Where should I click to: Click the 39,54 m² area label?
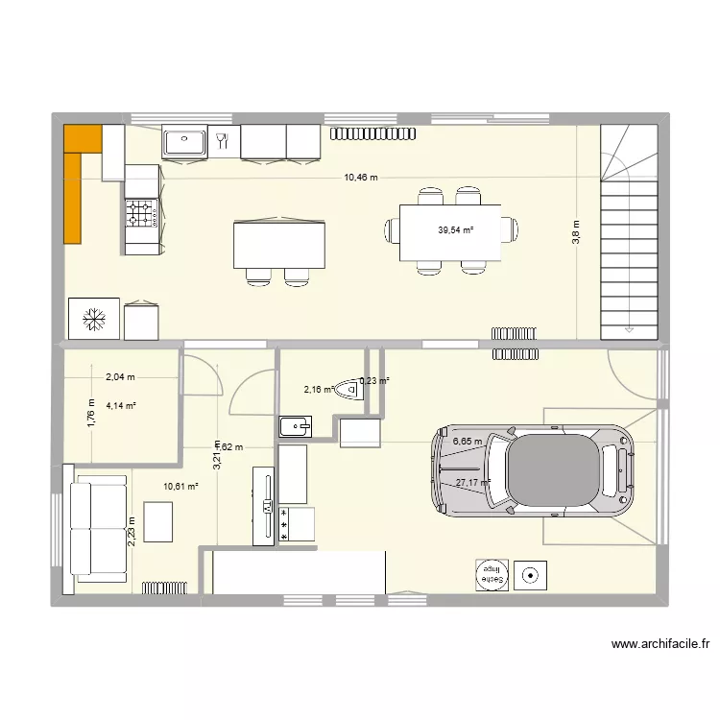click(x=456, y=230)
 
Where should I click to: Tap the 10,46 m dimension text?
click(x=362, y=178)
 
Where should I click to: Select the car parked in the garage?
click(x=534, y=470)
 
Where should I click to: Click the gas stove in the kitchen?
click(x=142, y=213)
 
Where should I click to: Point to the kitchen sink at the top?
click(x=184, y=142)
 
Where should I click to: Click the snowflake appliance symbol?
click(x=94, y=319)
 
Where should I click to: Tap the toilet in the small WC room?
click(x=357, y=396)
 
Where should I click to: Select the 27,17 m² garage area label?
click(x=473, y=483)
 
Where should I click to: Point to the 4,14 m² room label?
click(x=121, y=405)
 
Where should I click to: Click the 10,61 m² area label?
click(x=180, y=487)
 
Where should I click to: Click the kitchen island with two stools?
click(x=278, y=244)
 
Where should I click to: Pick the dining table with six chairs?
click(x=451, y=231)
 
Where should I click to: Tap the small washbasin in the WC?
click(x=294, y=425)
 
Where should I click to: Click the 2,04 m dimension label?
click(x=121, y=377)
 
